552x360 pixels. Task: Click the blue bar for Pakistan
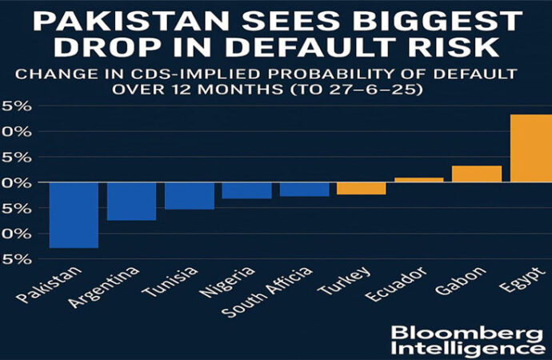(x=74, y=214)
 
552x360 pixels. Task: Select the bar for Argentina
(x=131, y=201)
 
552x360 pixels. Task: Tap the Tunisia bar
(x=189, y=195)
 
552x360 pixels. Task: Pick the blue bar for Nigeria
(x=246, y=190)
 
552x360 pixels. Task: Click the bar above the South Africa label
(x=304, y=190)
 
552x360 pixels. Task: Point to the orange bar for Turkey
(x=361, y=189)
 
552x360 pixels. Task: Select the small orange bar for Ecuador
(x=418, y=180)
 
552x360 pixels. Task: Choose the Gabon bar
(x=476, y=174)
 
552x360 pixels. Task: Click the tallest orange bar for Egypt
(x=530, y=149)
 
